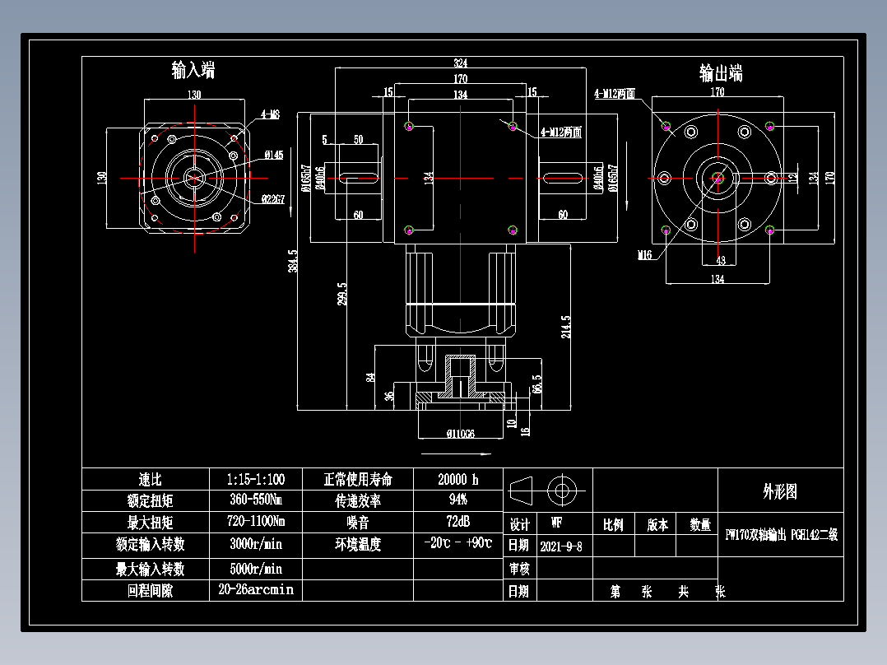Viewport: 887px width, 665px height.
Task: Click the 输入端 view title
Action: [193, 70]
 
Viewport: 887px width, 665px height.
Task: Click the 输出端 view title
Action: [721, 73]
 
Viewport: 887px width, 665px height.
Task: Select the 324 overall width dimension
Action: [460, 63]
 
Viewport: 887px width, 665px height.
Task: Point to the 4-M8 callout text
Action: [271, 115]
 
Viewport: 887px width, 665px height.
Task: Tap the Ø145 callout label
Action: [274, 155]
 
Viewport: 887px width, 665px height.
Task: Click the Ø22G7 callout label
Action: [273, 198]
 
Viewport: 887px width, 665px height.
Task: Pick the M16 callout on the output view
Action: [644, 255]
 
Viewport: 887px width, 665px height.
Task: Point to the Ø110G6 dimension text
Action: [461, 434]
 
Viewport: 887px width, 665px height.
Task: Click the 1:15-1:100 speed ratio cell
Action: [255, 479]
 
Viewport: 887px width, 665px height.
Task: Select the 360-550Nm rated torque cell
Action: [255, 500]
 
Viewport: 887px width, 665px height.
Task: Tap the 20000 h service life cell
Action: [457, 479]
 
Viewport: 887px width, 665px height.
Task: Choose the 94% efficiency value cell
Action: [457, 500]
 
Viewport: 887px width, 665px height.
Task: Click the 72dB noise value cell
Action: [457, 522]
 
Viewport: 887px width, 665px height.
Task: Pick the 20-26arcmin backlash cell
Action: [255, 590]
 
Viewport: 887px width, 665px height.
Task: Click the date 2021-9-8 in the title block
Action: [561, 546]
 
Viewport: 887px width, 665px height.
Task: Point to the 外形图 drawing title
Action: [779, 492]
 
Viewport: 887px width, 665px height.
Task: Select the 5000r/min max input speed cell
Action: [255, 569]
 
